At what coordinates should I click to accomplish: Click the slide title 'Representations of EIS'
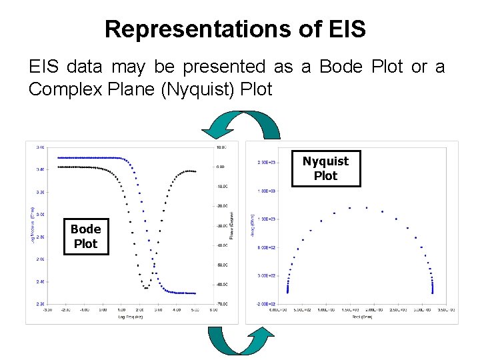pos(235,29)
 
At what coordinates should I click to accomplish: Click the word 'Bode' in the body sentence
pos(341,67)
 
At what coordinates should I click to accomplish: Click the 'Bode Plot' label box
pos(85,237)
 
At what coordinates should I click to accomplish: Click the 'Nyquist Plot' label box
pos(325,169)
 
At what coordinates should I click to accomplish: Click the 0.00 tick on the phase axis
pos(221,167)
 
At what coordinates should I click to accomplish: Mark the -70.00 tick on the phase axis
pos(221,303)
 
